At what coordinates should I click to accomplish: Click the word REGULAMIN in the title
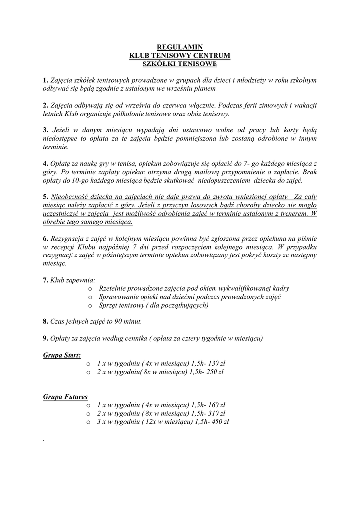click(180, 47)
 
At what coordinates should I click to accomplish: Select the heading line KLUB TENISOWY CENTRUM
click(180, 56)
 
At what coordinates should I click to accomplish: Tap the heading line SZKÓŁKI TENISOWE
click(180, 64)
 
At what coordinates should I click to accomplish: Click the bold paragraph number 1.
click(45, 80)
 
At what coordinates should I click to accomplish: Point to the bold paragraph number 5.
click(45, 197)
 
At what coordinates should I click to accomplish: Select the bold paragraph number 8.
click(45, 321)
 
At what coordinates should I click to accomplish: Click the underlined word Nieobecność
click(70, 197)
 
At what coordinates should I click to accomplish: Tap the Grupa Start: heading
click(62, 355)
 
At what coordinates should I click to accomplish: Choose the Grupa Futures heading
click(66, 397)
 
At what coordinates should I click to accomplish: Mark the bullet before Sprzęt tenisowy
click(90, 305)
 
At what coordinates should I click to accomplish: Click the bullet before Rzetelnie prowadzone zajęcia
click(90, 288)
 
